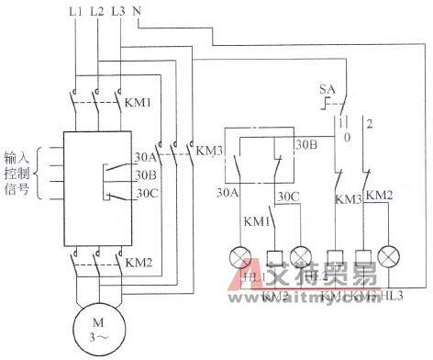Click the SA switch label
[x=327, y=89]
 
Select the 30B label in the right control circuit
[x=305, y=145]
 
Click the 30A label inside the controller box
[x=145, y=157]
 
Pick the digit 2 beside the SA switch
[x=370, y=121]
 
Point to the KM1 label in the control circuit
[x=256, y=221]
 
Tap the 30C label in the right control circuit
[x=289, y=195]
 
